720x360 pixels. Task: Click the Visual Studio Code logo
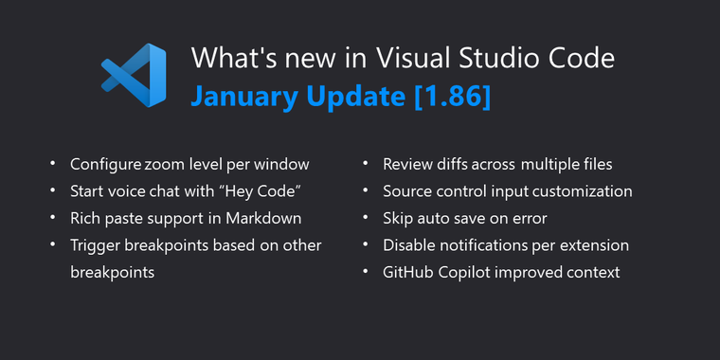133,77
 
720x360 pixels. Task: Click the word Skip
399,218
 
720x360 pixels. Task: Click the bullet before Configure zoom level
53,165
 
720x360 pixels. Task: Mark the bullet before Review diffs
366,165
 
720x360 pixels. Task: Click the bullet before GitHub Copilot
366,273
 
